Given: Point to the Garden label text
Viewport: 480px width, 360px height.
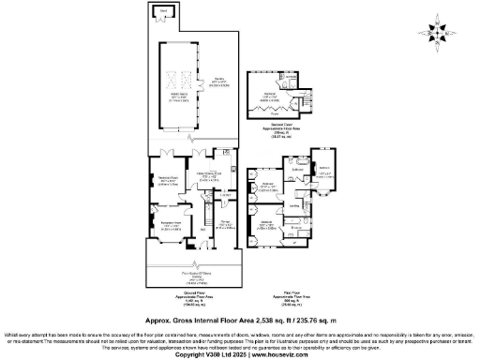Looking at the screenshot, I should pyautogui.click(x=220, y=83).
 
